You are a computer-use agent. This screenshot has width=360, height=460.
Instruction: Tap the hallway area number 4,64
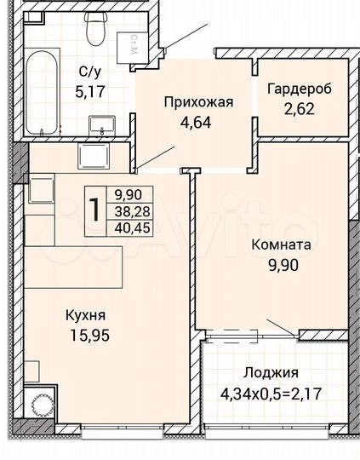coord(197,122)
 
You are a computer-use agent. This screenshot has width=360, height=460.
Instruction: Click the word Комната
coord(281,244)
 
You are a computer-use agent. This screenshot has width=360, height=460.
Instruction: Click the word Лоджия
coord(270,373)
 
